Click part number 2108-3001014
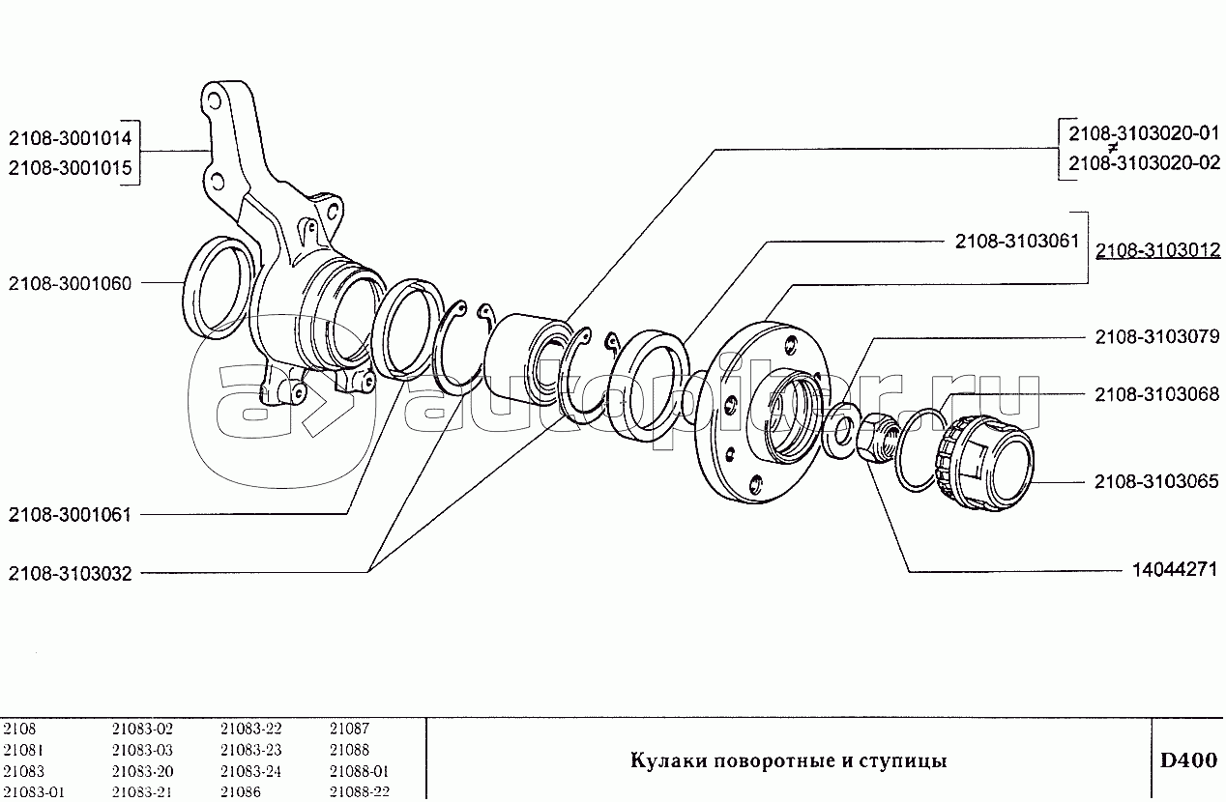(x=70, y=138)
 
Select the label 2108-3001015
(x=70, y=168)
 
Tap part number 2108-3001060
(x=70, y=284)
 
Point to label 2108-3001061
(x=70, y=515)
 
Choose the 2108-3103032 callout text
(x=70, y=574)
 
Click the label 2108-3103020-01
(x=1144, y=133)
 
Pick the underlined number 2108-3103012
(x=1157, y=250)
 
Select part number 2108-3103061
(x=1017, y=242)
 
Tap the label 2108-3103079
(x=1157, y=337)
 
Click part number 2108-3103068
(x=1157, y=394)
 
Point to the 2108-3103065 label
(x=1157, y=481)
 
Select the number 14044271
(x=1175, y=570)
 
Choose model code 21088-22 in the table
(x=359, y=792)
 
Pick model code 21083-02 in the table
(x=142, y=729)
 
